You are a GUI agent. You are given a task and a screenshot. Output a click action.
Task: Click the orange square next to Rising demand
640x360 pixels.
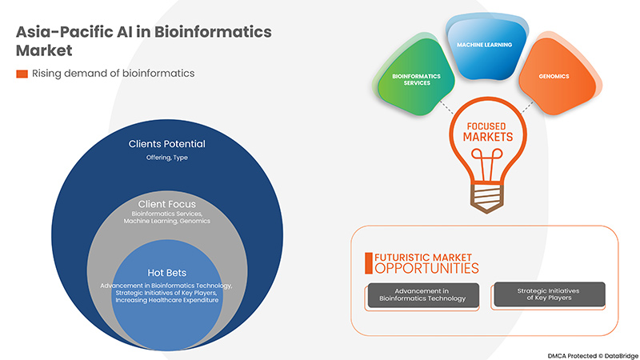[22, 74]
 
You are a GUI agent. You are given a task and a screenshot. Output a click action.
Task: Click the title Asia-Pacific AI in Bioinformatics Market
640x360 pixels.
[144, 40]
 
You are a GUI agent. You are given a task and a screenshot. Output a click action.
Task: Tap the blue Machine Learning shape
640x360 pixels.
[484, 46]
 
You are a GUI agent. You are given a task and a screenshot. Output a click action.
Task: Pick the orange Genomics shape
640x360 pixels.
[554, 76]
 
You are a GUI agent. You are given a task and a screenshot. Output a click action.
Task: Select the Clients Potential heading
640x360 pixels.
[166, 144]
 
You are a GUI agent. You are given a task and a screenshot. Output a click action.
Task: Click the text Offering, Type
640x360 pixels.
[166, 158]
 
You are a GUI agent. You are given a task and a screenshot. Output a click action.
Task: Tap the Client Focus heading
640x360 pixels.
[166, 203]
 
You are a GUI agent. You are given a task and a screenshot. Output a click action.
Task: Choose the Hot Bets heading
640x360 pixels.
[166, 272]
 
